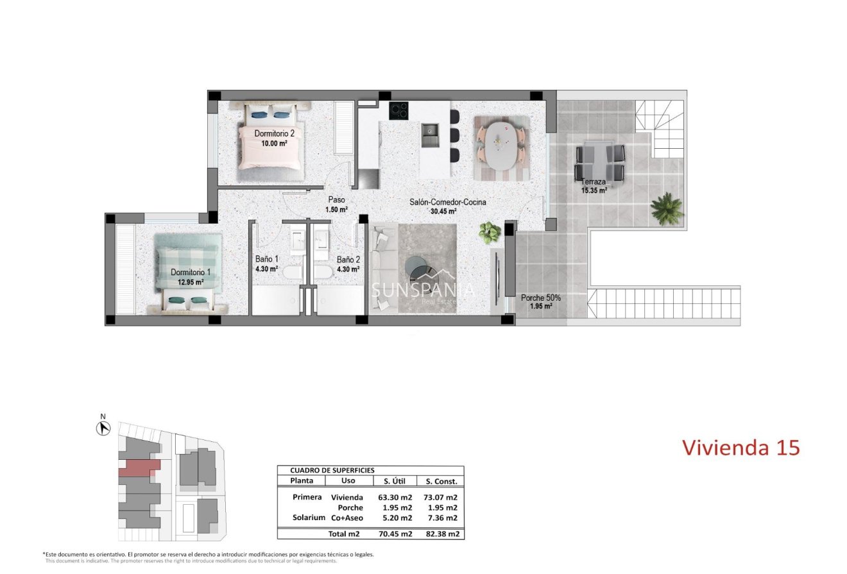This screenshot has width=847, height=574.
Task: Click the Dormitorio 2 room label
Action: click(x=274, y=133)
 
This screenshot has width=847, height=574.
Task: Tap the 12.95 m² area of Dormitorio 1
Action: click(x=191, y=282)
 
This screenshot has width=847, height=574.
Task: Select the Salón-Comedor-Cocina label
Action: click(x=448, y=202)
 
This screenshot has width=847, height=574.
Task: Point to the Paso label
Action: click(x=336, y=199)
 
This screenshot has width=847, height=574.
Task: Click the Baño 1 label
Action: click(x=266, y=259)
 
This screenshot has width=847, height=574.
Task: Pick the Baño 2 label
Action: click(x=348, y=260)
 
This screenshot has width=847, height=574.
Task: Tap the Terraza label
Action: click(x=594, y=181)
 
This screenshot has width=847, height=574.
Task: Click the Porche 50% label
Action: click(x=541, y=298)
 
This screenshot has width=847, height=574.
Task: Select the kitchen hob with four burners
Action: click(x=398, y=110)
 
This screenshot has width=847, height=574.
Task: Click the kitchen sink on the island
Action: click(x=431, y=135)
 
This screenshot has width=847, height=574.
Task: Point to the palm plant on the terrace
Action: click(x=667, y=208)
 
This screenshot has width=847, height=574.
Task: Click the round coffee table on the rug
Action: click(x=420, y=267)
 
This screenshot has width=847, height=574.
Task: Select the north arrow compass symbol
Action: click(x=103, y=428)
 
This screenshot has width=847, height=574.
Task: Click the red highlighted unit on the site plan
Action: click(x=138, y=468)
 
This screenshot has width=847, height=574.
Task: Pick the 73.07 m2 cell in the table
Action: click(x=441, y=497)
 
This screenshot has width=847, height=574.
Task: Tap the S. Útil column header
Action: click(x=395, y=481)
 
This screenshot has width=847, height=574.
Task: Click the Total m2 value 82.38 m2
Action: click(x=441, y=534)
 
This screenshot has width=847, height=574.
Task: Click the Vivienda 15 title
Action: click(x=741, y=448)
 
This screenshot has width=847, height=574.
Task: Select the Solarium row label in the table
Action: click(x=309, y=518)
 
